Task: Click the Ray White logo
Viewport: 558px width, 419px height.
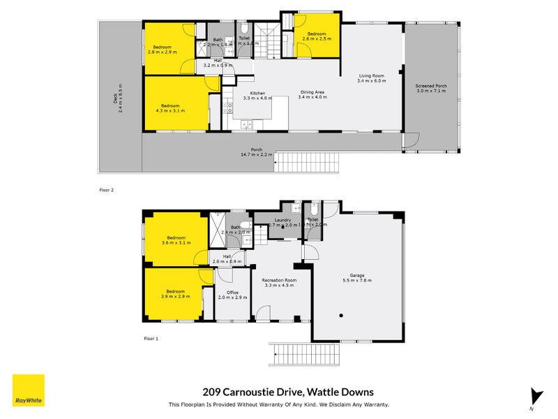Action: tap(29, 390)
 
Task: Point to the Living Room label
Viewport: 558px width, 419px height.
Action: tap(372, 78)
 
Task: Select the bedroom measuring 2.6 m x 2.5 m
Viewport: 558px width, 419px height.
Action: tap(317, 36)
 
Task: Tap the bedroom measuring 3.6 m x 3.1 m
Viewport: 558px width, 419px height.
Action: tap(175, 240)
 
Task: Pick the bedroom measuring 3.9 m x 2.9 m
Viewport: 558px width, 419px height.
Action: tap(175, 293)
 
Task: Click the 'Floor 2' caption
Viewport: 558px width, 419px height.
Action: tap(107, 189)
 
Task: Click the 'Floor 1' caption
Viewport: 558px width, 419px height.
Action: tap(151, 338)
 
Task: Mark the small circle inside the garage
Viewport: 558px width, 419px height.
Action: tap(341, 316)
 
